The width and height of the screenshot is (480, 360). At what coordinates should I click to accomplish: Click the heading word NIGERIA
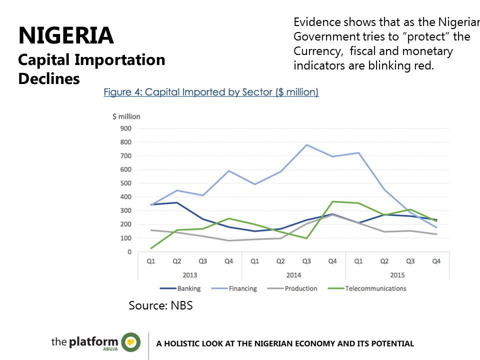(66, 36)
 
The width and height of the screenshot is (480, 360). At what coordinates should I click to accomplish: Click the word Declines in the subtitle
(48, 78)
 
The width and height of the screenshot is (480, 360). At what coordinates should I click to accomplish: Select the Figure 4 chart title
(211, 92)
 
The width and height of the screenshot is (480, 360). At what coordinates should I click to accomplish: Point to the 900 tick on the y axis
(125, 128)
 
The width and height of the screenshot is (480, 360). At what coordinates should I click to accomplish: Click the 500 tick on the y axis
(125, 183)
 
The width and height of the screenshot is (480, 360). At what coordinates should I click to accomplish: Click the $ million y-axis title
(126, 116)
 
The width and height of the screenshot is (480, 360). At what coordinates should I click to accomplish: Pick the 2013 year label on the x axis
(189, 275)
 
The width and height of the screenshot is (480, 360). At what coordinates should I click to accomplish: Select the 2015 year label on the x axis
(397, 275)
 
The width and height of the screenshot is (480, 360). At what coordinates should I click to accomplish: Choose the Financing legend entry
(242, 288)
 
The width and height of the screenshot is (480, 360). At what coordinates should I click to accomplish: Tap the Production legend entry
(300, 288)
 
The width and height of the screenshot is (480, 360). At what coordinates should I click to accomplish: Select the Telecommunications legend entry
(375, 288)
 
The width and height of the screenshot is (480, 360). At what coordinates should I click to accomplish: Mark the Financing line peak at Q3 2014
(306, 145)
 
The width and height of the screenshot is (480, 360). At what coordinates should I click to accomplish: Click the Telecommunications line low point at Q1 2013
(151, 248)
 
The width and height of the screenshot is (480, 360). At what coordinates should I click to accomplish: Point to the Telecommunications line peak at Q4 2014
(332, 201)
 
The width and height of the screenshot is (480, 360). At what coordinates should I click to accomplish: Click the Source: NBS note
(160, 305)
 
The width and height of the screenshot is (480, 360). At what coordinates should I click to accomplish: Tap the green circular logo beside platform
(131, 342)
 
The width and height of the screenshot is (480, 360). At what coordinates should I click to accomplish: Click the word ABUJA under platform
(110, 350)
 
